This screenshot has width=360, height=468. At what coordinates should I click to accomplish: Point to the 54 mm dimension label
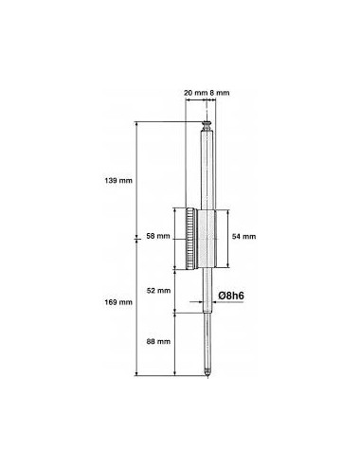[244, 236]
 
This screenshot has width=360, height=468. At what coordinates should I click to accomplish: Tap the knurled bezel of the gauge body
[192, 237]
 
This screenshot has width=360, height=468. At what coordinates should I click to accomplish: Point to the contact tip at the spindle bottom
[207, 374]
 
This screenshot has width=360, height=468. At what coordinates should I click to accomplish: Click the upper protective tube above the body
[207, 166]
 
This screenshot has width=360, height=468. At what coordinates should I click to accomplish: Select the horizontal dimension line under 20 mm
[195, 101]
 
